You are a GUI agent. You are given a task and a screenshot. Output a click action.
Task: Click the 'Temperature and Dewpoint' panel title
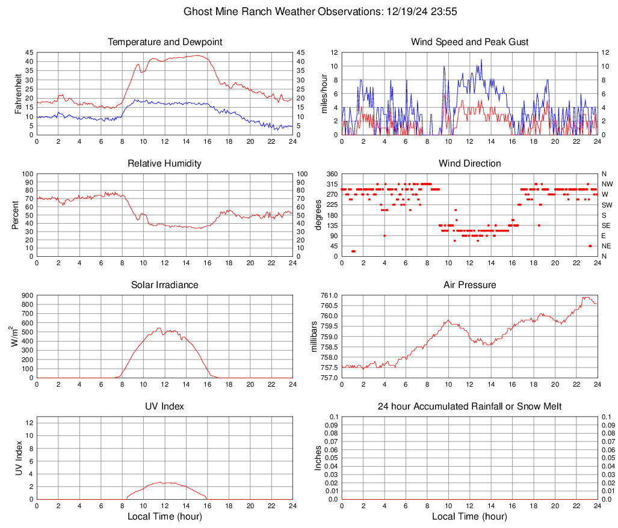pos(165,42)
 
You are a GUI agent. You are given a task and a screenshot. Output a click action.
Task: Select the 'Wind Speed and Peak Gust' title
pos(469,42)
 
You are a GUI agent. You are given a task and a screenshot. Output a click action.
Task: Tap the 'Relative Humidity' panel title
pos(165,164)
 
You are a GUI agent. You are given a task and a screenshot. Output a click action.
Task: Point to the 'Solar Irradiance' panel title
pos(165,285)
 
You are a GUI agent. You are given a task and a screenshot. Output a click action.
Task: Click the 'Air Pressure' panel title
pos(469,285)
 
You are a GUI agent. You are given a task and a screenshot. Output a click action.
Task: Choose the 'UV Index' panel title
pos(165,407)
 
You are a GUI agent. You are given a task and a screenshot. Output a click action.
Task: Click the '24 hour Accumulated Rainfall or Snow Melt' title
pos(469,407)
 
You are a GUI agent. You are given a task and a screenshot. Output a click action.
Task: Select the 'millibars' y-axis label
pos(314,337)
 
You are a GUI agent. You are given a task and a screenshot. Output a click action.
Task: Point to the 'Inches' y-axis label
pos(319,458)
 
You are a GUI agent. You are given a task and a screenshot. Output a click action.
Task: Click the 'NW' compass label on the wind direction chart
pos(607,184)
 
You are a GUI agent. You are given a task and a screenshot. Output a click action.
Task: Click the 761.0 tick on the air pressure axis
pos(329,295)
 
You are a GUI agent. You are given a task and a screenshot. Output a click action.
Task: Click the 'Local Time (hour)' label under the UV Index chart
pos(165,516)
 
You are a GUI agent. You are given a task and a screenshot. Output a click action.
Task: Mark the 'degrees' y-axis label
pos(319,215)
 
